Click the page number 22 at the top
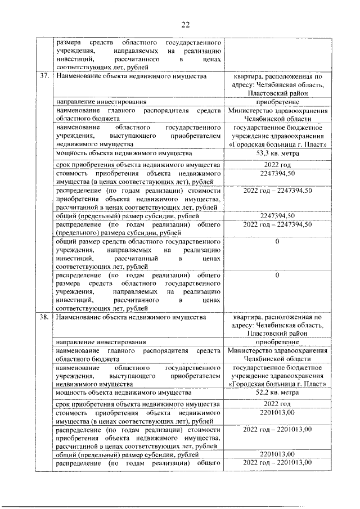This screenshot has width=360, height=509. point(186,23)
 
